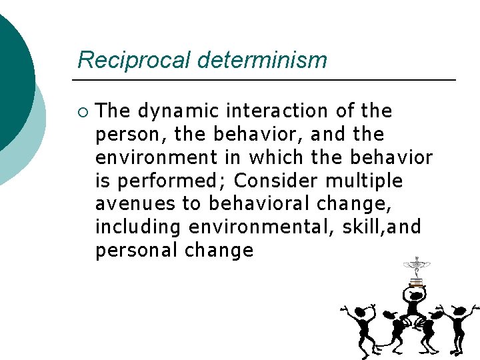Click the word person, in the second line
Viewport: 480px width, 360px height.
131,134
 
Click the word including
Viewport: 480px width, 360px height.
138,227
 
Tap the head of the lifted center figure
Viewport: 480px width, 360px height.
415,294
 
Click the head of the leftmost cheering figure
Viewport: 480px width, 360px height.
363,312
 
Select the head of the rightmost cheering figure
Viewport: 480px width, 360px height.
459,311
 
